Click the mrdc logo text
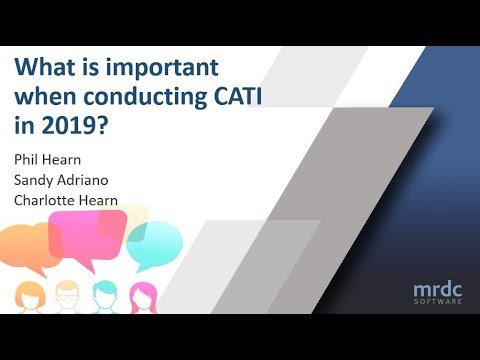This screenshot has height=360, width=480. [441, 290]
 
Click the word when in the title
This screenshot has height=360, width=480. [43, 97]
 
